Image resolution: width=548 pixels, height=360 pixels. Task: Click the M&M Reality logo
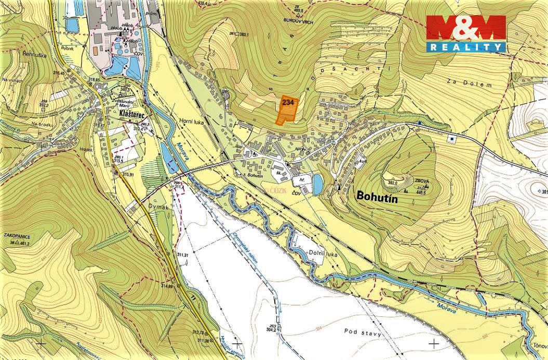[x=466, y=33]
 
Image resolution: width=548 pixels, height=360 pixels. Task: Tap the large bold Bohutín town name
[x=381, y=196]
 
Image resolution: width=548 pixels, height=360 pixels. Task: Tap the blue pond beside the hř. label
[x=317, y=184]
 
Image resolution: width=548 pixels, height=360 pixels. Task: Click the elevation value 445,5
[x=421, y=193]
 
